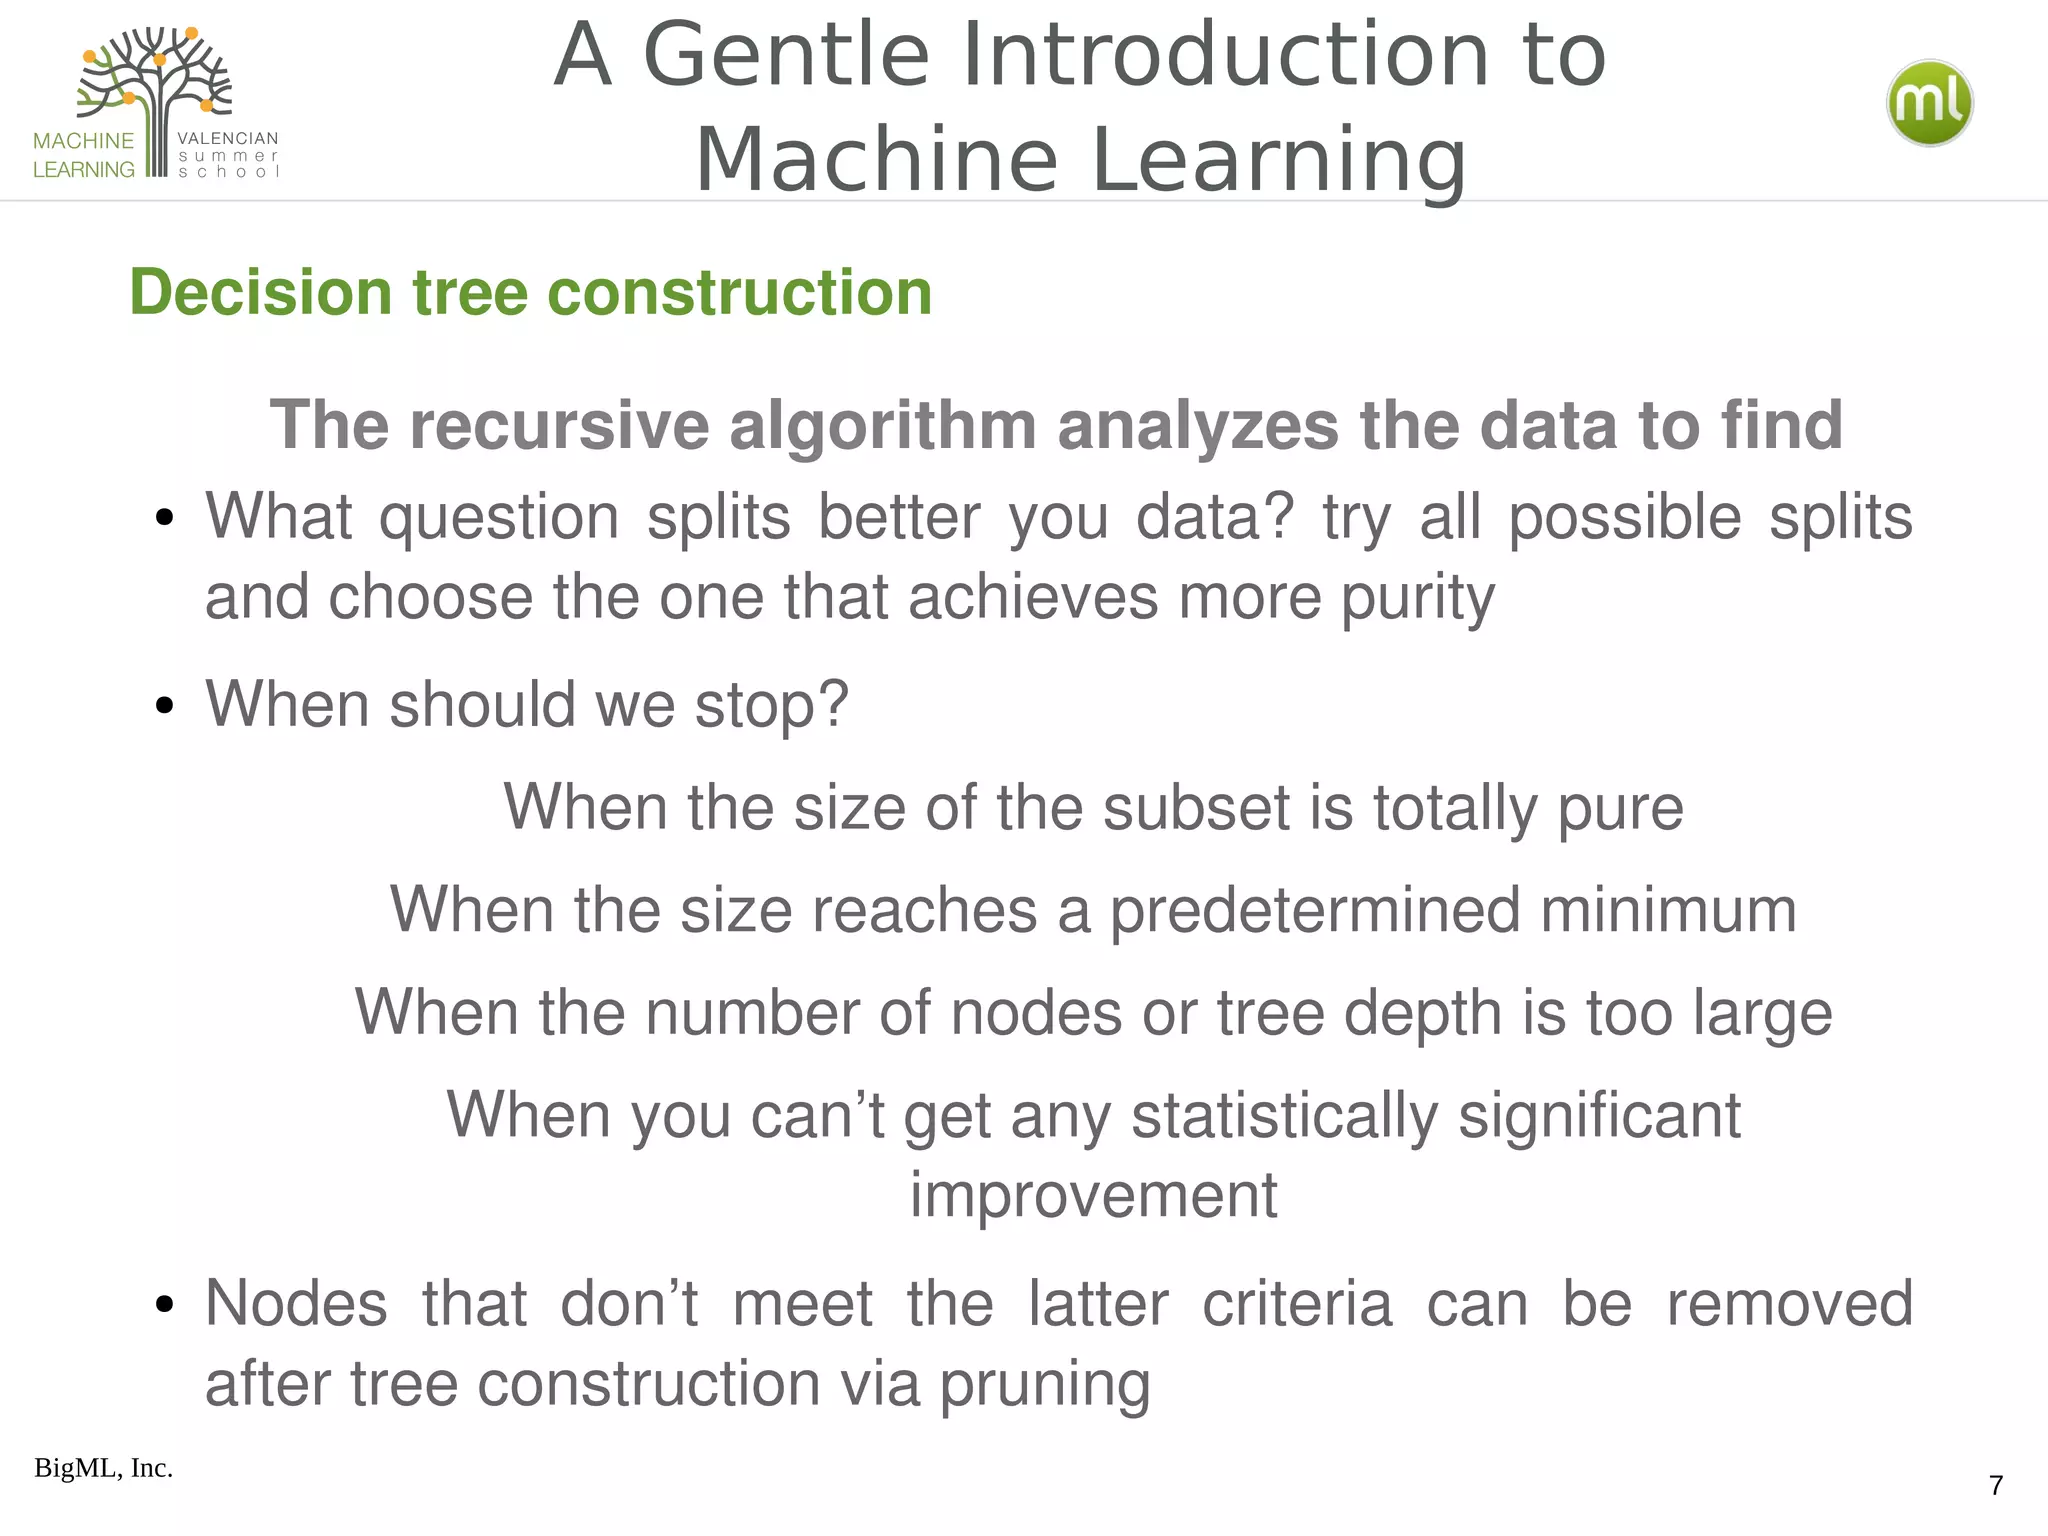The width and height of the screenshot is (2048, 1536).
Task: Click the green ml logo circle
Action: click(1929, 103)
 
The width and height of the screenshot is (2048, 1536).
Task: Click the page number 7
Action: click(1996, 1485)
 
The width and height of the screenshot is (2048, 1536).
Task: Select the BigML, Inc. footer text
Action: click(103, 1468)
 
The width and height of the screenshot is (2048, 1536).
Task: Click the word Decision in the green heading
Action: click(260, 293)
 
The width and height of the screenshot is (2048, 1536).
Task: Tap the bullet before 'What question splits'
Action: click(165, 519)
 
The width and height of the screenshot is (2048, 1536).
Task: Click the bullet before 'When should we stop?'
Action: click(165, 706)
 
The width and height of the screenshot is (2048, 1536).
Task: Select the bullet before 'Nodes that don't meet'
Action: click(165, 1305)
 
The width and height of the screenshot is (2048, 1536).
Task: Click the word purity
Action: click(1417, 599)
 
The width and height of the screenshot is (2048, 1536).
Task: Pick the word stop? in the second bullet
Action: click(771, 705)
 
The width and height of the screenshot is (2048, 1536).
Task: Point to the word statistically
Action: click(1284, 1116)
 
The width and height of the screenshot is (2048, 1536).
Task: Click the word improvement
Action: click(1093, 1195)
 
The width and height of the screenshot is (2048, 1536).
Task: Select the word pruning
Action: click(1044, 1385)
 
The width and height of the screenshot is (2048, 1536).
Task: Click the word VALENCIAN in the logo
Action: click(228, 138)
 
